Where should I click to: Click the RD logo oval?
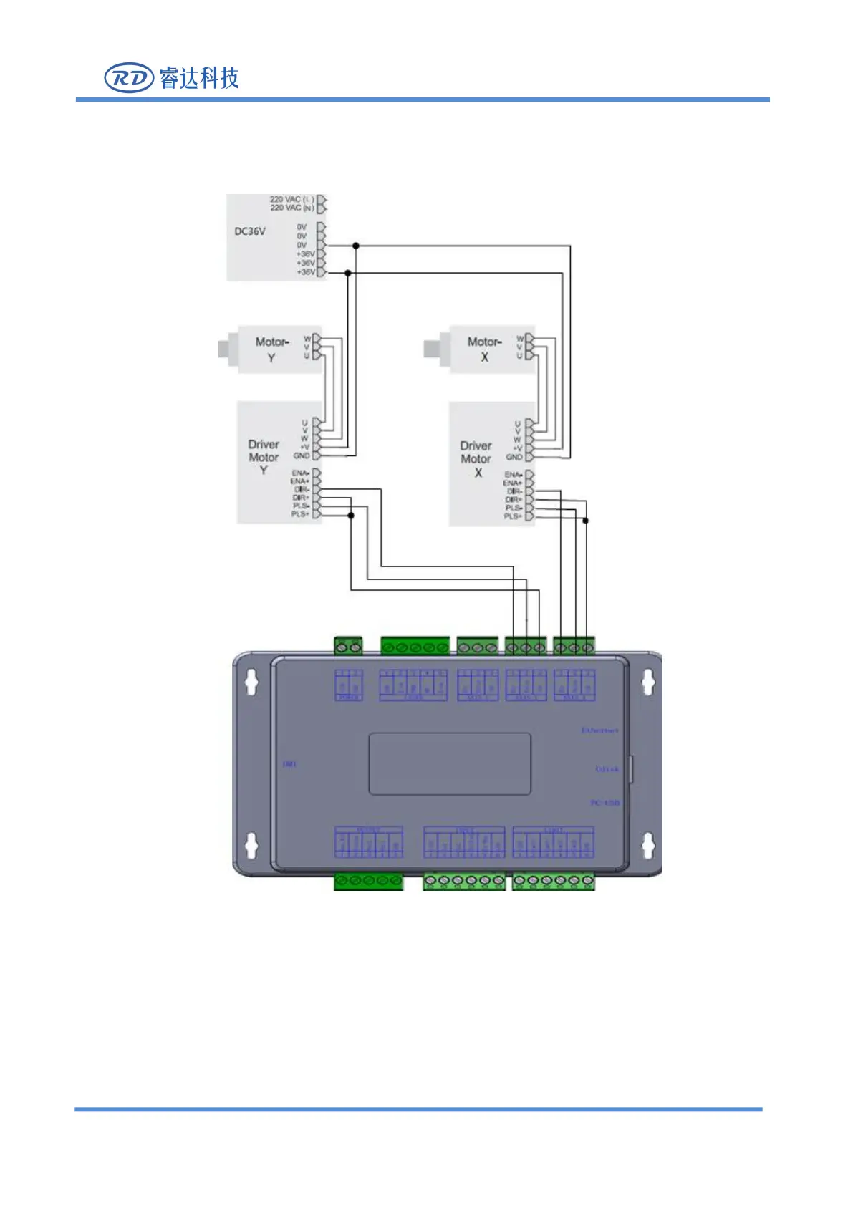(x=129, y=78)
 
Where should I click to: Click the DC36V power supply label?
(x=250, y=231)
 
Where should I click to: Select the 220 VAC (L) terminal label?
(x=291, y=199)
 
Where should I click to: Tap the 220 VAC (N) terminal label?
(x=291, y=208)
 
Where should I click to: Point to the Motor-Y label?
(x=271, y=349)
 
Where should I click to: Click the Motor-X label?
(x=484, y=349)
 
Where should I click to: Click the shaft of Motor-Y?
(x=223, y=349)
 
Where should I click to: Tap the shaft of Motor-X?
(x=430, y=349)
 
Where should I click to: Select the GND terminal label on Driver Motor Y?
(x=302, y=455)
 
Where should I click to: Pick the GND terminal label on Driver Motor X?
(x=514, y=457)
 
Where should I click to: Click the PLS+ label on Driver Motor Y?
(x=300, y=514)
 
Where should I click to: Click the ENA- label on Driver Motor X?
(x=513, y=475)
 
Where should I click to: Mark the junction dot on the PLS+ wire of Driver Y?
(x=351, y=516)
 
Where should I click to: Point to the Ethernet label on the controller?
(x=599, y=730)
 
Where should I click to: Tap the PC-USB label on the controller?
(x=604, y=803)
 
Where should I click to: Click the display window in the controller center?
(x=450, y=763)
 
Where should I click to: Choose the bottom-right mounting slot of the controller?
(x=647, y=846)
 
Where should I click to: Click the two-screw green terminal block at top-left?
(x=348, y=647)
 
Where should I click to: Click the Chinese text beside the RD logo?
(x=199, y=78)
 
